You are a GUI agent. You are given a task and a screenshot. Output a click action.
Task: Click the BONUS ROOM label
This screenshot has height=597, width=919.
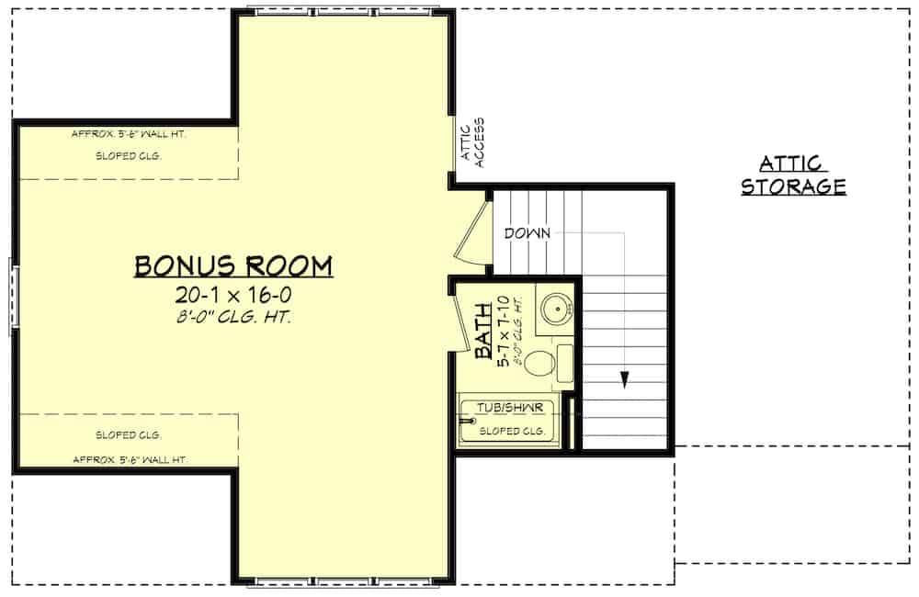(x=233, y=265)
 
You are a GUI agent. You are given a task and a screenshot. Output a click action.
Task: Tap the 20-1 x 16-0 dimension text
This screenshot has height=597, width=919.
(x=233, y=295)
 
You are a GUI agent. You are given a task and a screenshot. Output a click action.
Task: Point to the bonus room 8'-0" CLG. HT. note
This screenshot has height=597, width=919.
(x=233, y=317)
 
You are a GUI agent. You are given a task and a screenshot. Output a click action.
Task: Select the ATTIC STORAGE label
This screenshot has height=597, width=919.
(x=794, y=175)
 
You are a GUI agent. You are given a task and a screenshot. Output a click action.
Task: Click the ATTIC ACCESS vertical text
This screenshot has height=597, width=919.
(x=472, y=143)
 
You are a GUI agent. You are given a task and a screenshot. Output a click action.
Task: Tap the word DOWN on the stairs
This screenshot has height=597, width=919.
(x=528, y=233)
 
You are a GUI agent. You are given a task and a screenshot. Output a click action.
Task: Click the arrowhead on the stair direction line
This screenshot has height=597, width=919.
(x=625, y=379)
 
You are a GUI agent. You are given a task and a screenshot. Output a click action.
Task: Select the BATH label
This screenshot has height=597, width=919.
(x=483, y=331)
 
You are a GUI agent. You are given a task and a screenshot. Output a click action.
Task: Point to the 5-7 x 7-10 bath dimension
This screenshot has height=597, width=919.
(x=503, y=331)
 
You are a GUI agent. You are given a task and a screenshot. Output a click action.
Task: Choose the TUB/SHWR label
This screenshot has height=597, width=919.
(x=510, y=408)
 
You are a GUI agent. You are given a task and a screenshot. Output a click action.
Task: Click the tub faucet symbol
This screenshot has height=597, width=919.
(x=468, y=421)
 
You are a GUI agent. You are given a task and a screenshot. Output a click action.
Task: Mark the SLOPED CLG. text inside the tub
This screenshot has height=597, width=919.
(x=512, y=431)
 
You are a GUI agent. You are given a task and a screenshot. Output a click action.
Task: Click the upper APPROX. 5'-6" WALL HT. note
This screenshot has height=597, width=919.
(x=129, y=134)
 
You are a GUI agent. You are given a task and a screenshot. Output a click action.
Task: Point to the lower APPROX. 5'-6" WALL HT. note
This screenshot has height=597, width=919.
(x=130, y=460)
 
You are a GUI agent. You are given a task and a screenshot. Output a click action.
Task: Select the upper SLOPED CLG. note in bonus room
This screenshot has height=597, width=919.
(x=129, y=156)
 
